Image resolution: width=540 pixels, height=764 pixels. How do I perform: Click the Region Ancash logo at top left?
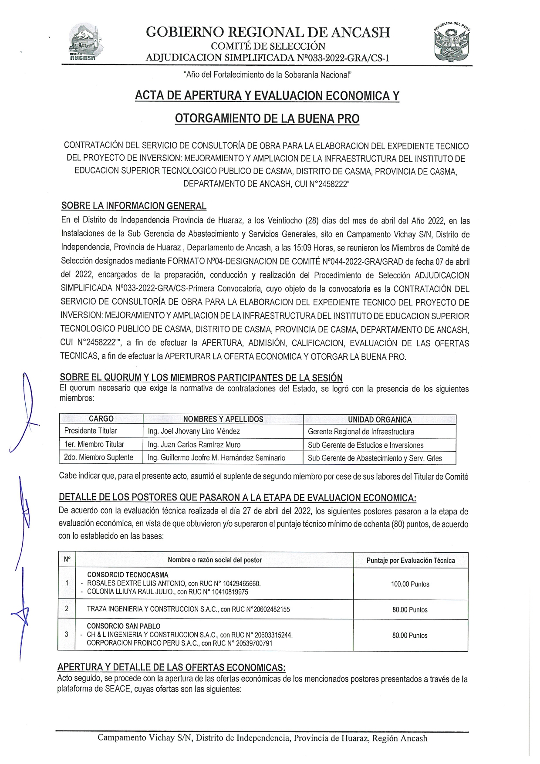[85, 42]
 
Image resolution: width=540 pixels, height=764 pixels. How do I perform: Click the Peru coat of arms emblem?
[452, 42]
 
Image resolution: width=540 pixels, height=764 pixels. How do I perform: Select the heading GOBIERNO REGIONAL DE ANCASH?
[268, 32]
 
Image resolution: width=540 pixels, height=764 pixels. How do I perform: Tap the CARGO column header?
[101, 419]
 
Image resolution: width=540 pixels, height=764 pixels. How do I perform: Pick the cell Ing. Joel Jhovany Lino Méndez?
[194, 431]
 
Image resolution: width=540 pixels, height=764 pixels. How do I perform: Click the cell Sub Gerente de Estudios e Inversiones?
[365, 445]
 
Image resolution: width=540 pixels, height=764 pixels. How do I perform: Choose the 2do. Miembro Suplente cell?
[98, 457]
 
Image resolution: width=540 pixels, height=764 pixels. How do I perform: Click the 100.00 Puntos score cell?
[410, 584]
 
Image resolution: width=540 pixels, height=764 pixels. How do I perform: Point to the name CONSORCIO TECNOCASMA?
[128, 575]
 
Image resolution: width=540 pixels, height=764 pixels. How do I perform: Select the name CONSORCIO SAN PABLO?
[124, 626]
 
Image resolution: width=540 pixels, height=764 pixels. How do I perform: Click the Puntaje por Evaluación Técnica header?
[410, 560]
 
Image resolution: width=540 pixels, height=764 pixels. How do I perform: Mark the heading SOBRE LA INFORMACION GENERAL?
[134, 206]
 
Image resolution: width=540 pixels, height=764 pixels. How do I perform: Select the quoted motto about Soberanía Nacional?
[267, 75]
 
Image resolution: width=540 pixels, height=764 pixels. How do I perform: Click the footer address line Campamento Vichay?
[262, 738]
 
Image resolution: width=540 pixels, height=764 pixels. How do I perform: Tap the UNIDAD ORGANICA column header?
[379, 419]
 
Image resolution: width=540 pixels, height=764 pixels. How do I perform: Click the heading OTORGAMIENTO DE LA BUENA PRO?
[267, 118]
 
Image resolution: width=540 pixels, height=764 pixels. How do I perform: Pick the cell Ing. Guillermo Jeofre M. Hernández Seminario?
[216, 458]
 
